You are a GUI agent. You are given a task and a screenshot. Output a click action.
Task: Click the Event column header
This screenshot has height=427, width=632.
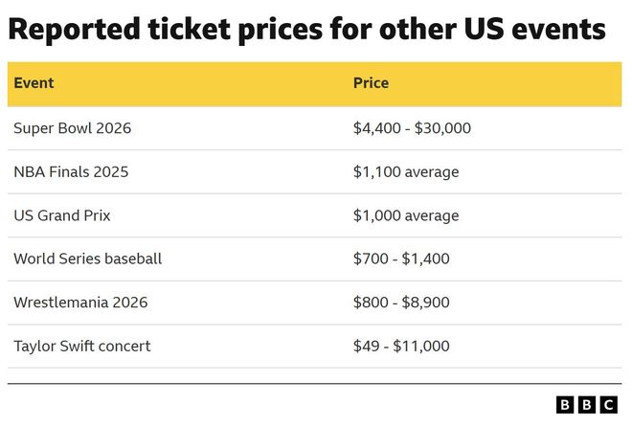[x=34, y=83]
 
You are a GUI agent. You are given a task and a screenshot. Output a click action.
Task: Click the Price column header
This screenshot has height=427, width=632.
[x=371, y=83]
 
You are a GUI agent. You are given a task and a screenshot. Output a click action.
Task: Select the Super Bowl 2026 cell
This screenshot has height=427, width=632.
[x=72, y=128]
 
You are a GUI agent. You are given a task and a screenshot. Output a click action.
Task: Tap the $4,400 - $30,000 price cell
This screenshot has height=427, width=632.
[x=412, y=128]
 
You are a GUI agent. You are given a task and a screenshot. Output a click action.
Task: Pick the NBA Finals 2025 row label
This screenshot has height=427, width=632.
[x=71, y=172]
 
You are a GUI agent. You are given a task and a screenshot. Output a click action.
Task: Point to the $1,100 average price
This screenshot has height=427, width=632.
[x=406, y=172]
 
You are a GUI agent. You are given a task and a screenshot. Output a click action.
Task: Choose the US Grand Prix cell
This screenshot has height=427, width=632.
[x=61, y=215]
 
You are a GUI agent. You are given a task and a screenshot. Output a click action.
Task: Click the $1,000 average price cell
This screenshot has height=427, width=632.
[x=406, y=215]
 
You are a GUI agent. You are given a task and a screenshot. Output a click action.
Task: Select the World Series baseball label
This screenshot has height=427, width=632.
[x=87, y=258]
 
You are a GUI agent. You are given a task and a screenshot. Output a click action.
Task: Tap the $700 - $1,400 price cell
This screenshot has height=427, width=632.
[x=401, y=258]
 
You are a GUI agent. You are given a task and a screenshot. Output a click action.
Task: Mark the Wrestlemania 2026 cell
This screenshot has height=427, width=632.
[x=80, y=303]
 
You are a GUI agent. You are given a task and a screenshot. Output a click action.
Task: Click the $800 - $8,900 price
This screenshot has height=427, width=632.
[x=401, y=303]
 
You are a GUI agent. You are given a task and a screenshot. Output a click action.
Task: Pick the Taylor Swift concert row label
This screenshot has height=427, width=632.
[x=81, y=346]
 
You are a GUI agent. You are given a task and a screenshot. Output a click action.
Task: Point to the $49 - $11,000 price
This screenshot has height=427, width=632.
[x=401, y=346]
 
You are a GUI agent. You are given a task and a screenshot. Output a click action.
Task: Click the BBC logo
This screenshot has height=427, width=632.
[x=586, y=405]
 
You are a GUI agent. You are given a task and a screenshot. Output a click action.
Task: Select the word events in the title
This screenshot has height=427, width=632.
[x=561, y=30]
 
